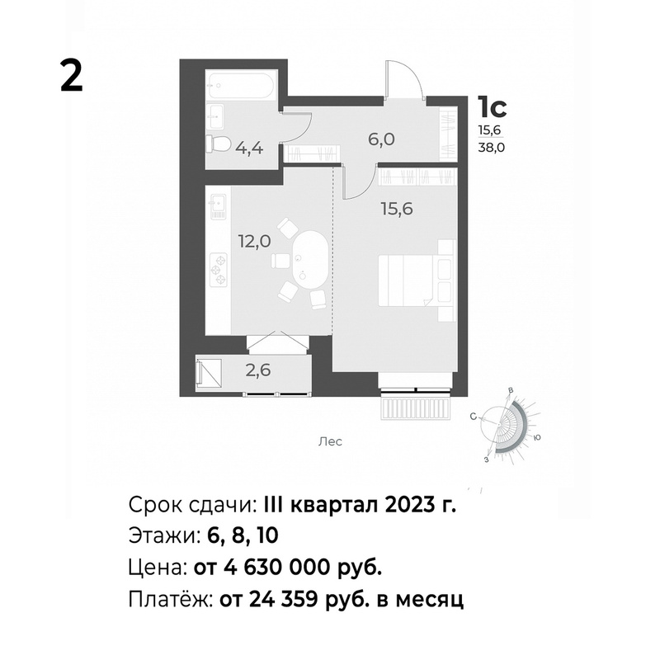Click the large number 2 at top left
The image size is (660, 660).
tap(72, 75)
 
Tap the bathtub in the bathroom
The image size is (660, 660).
tap(241, 86)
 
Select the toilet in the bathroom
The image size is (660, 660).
tap(218, 145)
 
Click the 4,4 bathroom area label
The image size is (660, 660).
tap(250, 148)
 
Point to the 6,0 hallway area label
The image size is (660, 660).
tap(381, 139)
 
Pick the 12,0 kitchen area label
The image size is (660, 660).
tap(255, 242)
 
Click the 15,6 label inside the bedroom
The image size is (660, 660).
tap(397, 209)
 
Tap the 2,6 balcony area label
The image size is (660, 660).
tap(258, 370)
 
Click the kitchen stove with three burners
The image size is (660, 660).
tap(219, 270)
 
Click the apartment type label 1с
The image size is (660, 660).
tap(492, 107)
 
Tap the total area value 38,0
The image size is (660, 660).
tap(491, 148)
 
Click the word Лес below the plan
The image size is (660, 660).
tap(330, 441)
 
